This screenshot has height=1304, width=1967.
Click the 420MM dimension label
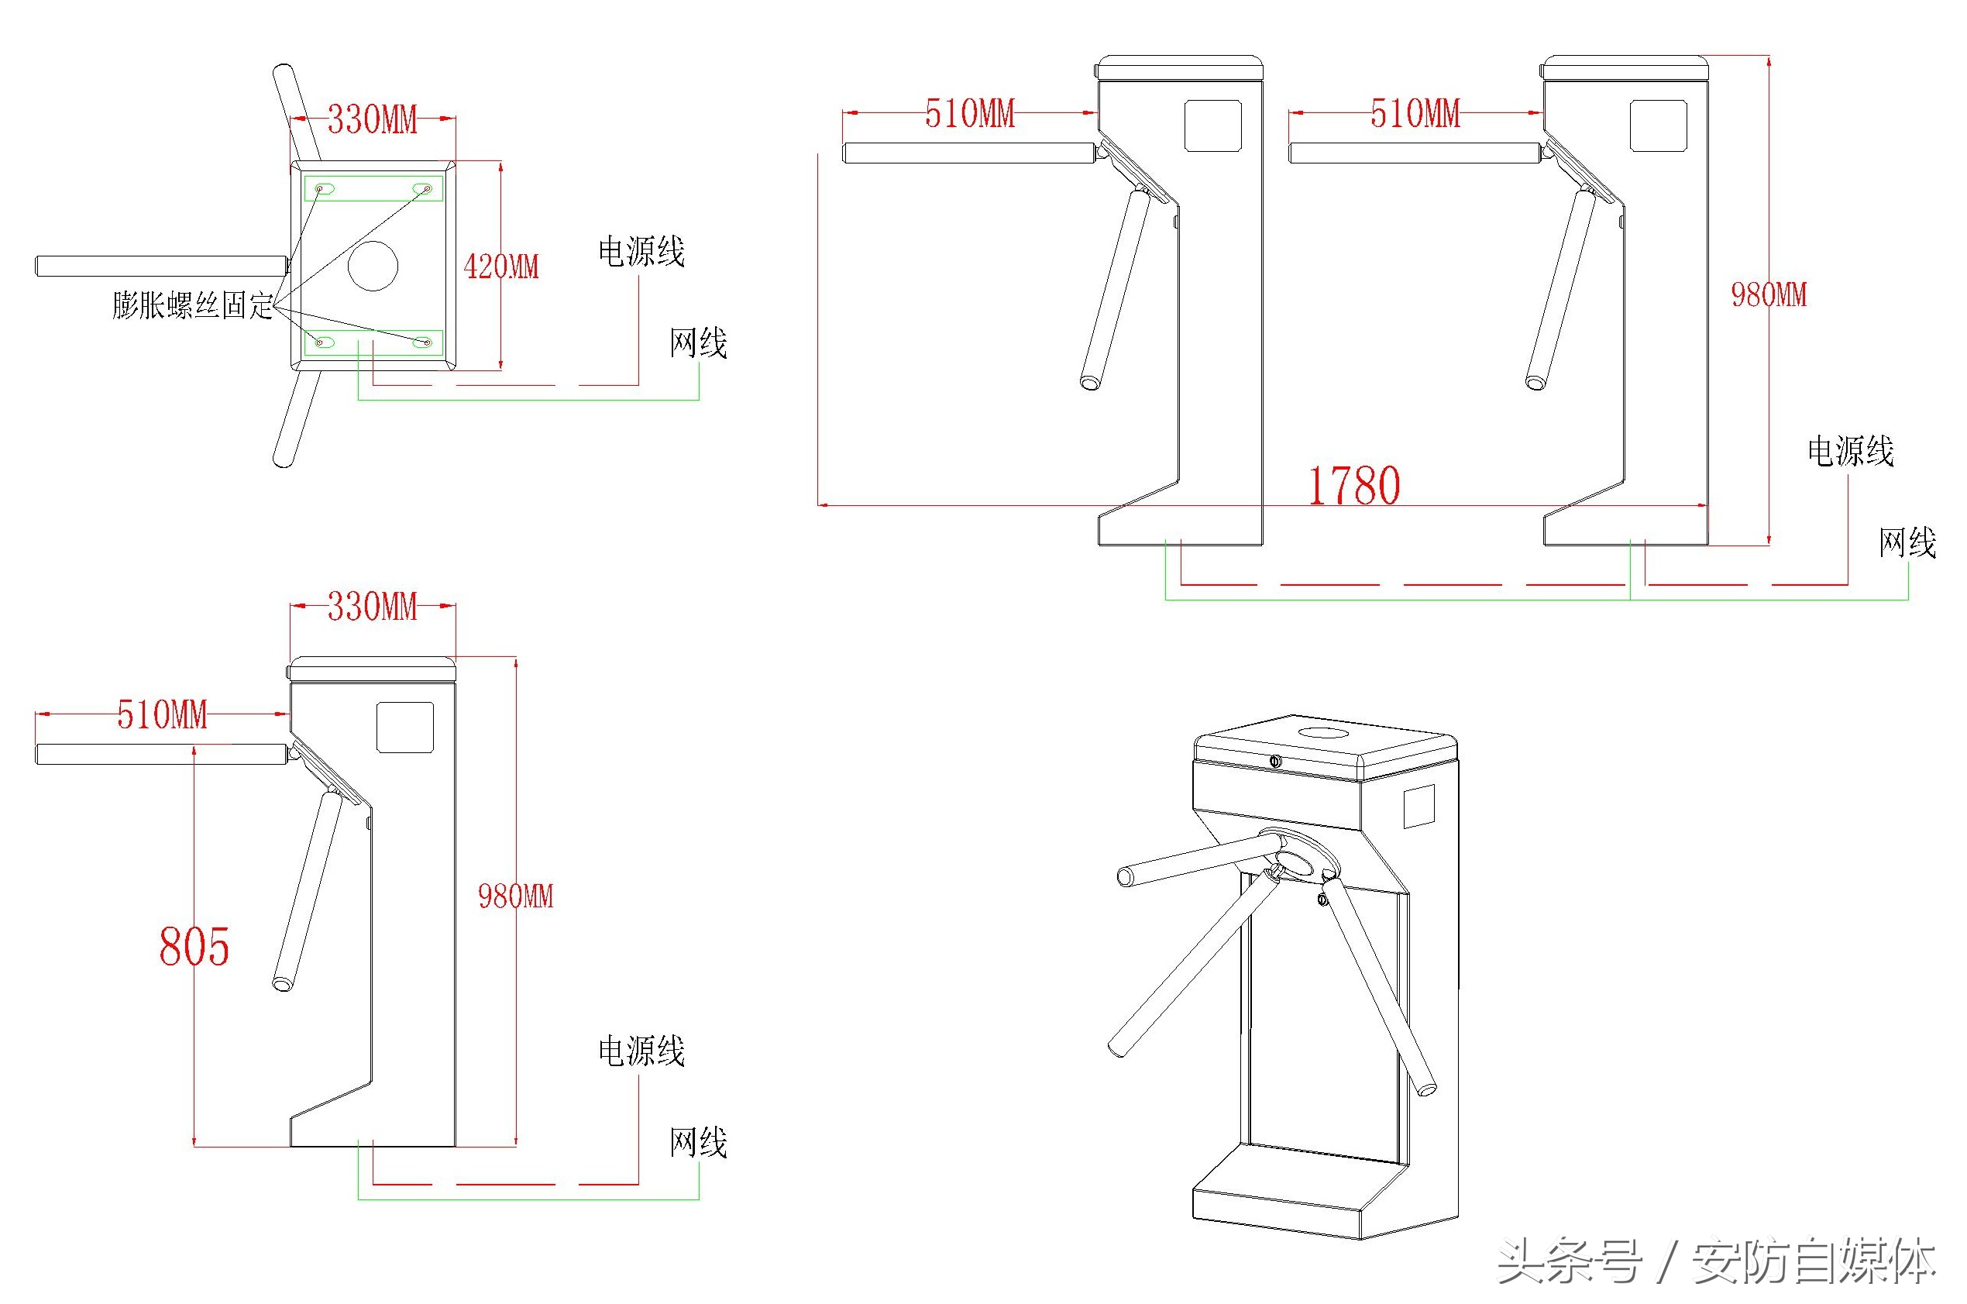tap(501, 267)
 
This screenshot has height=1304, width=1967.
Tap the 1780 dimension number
tap(1353, 487)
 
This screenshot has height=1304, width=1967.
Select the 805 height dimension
tap(194, 946)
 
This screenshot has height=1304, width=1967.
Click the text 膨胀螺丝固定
tap(193, 305)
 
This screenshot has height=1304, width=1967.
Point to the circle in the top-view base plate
tap(373, 266)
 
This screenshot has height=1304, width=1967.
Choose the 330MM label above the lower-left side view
tap(372, 607)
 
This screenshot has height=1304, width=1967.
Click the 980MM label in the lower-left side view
tap(515, 896)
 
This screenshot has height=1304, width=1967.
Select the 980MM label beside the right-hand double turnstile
tap(1769, 295)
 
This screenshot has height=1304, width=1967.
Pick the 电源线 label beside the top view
tap(641, 252)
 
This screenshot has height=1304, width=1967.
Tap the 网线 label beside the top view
tap(698, 342)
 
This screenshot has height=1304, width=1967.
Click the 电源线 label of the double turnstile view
tap(1850, 452)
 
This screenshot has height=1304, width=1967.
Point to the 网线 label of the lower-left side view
tap(698, 1143)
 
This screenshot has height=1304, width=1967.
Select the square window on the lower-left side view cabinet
tap(405, 727)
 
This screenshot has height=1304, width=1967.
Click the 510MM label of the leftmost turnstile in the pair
tap(969, 114)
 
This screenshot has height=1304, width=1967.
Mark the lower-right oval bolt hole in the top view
tap(422, 342)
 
